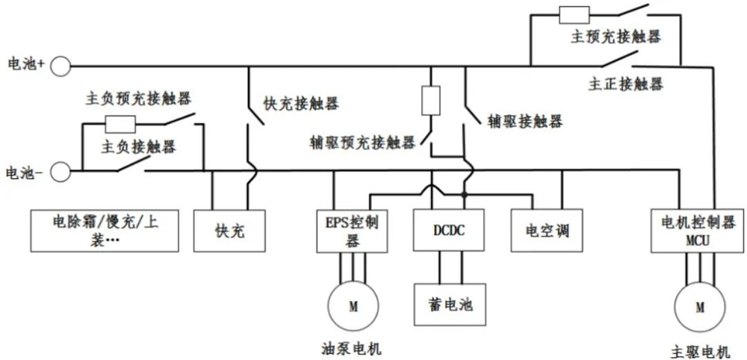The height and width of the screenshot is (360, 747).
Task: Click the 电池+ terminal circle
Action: [x=61, y=66]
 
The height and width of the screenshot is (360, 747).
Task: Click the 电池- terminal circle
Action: [x=61, y=172]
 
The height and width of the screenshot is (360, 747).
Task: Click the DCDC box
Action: [x=449, y=230]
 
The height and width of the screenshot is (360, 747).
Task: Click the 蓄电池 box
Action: [x=449, y=305]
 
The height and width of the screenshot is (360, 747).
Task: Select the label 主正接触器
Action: [x=625, y=84]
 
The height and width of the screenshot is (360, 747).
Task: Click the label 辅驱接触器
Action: [x=524, y=121]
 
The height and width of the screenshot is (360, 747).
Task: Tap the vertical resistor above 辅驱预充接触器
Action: [x=430, y=101]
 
